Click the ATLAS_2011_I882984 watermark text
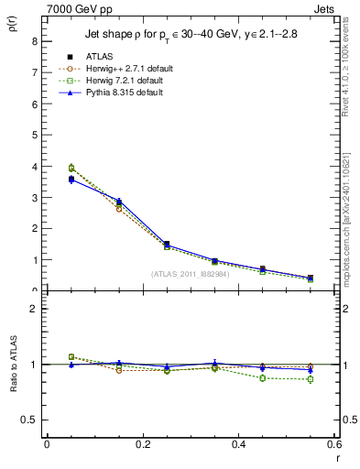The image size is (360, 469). (x=191, y=274)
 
